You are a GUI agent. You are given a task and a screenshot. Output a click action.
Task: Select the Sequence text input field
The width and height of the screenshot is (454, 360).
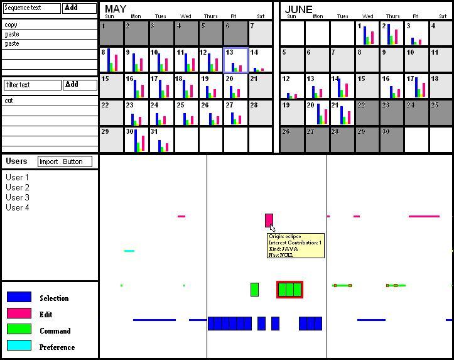pos(32,8)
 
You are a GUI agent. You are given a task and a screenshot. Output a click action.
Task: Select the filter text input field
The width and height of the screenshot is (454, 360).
pos(32,85)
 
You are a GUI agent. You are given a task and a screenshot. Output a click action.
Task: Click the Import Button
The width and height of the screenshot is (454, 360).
pos(65,161)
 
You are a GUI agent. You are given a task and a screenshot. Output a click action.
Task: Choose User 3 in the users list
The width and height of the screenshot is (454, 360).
pos(18,197)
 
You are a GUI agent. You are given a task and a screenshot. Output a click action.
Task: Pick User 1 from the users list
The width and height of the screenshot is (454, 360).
pos(18,177)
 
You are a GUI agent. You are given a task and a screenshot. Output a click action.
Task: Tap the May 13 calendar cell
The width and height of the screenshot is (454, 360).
pos(235,60)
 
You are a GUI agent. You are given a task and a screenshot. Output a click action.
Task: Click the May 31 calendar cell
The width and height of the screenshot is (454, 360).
pos(161,140)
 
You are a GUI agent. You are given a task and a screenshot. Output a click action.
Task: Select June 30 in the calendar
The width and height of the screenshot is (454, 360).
pos(391,140)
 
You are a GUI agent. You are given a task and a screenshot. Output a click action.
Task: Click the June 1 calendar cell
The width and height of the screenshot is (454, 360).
pos(367,33)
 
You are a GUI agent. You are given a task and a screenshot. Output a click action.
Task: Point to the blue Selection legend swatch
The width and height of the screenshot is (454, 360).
pos(19,297)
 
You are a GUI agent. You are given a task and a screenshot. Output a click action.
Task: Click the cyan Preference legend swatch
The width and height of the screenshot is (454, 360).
pos(19,346)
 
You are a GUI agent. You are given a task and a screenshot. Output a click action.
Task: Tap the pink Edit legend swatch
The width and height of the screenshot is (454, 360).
pos(19,313)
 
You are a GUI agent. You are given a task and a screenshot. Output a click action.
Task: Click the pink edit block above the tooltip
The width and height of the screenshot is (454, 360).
pos(269,220)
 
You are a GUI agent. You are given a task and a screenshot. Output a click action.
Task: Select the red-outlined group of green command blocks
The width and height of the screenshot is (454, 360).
pos(289,290)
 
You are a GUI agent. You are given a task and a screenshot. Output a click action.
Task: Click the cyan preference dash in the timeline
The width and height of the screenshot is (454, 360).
pos(129,251)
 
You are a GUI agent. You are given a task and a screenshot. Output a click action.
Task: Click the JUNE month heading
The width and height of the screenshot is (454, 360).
pos(299,9)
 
